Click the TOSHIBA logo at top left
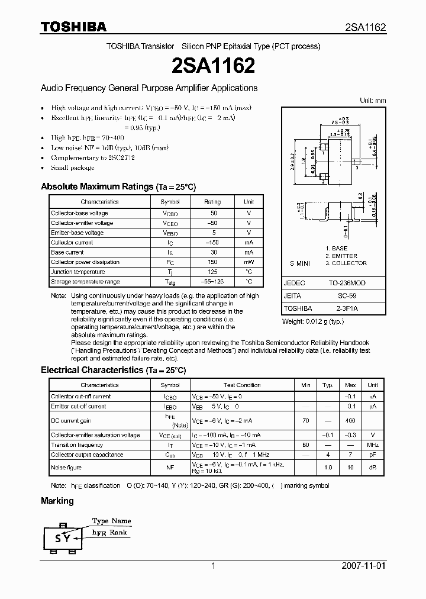point(73,27)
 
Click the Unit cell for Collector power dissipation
point(249,262)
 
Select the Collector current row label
point(72,243)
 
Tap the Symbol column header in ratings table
point(170,202)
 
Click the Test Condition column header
point(242,385)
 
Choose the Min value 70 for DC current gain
point(305,420)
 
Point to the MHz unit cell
point(373,445)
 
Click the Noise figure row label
point(66,467)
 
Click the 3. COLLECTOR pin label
point(346,263)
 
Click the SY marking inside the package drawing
point(63,538)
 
